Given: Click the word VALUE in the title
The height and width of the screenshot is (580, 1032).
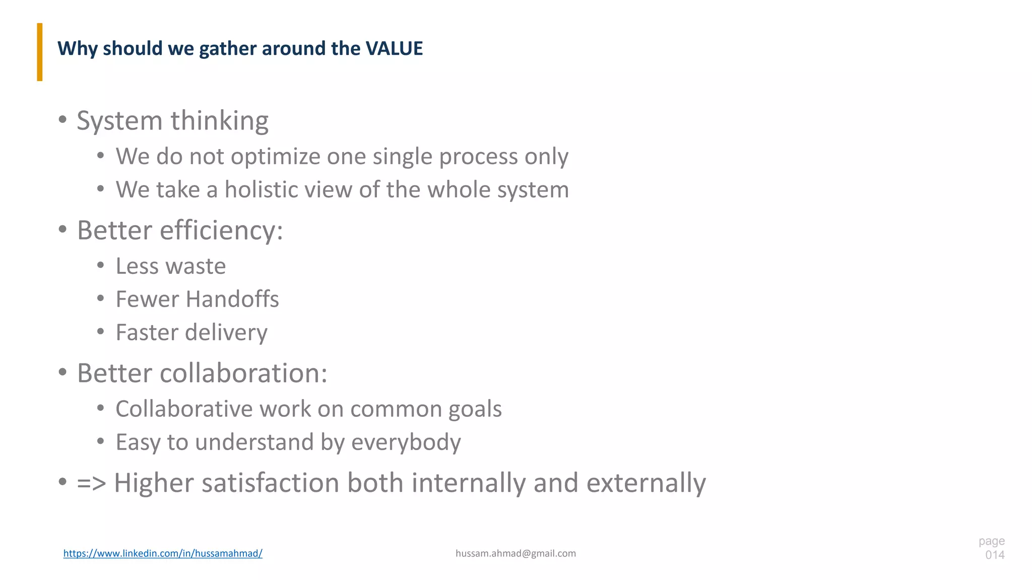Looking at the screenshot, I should pos(394,49).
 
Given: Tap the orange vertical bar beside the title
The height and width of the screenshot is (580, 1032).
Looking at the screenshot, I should pos(40,52).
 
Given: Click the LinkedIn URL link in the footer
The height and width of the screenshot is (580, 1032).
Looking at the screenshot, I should pos(163,553).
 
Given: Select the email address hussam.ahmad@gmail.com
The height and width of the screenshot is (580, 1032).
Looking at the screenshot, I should pos(515,553).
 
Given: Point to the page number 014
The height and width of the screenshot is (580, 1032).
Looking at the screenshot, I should pos(995,555).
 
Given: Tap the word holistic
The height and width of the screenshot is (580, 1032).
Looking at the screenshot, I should pos(262,190).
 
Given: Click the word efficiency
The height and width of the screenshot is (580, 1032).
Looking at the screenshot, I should pos(221,231).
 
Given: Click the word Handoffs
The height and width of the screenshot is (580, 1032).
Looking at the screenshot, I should pos(232,300).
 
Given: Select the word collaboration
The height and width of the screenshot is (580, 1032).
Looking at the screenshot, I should pos(243,374).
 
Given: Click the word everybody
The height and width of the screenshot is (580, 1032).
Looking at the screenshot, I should pos(406,443).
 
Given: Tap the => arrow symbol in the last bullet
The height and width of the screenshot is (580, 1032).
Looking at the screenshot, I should pos(91,483).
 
